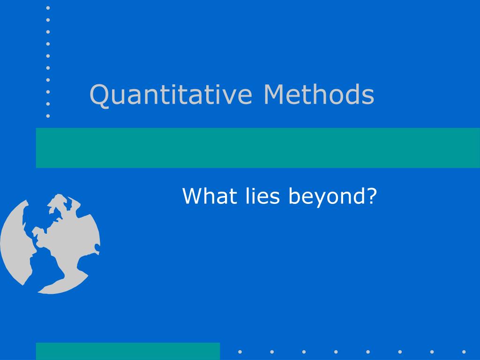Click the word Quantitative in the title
171,95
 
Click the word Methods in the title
319,94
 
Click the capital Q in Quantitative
100,96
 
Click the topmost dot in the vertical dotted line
48,8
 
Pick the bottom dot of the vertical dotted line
48,116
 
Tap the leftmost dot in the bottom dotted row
240,352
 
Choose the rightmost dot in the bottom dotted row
464,352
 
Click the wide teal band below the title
258,148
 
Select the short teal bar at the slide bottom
128,351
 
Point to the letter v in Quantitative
225,97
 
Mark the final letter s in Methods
367,97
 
